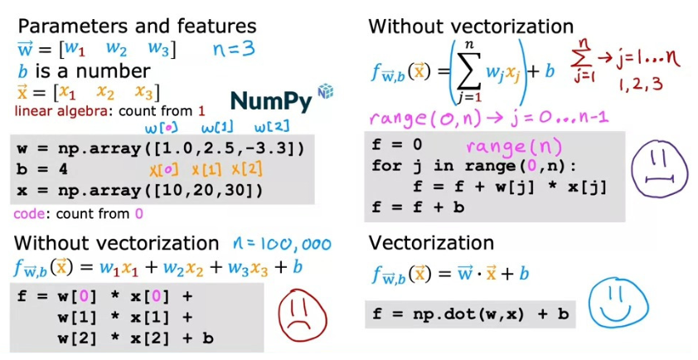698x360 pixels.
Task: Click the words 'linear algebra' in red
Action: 56,110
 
